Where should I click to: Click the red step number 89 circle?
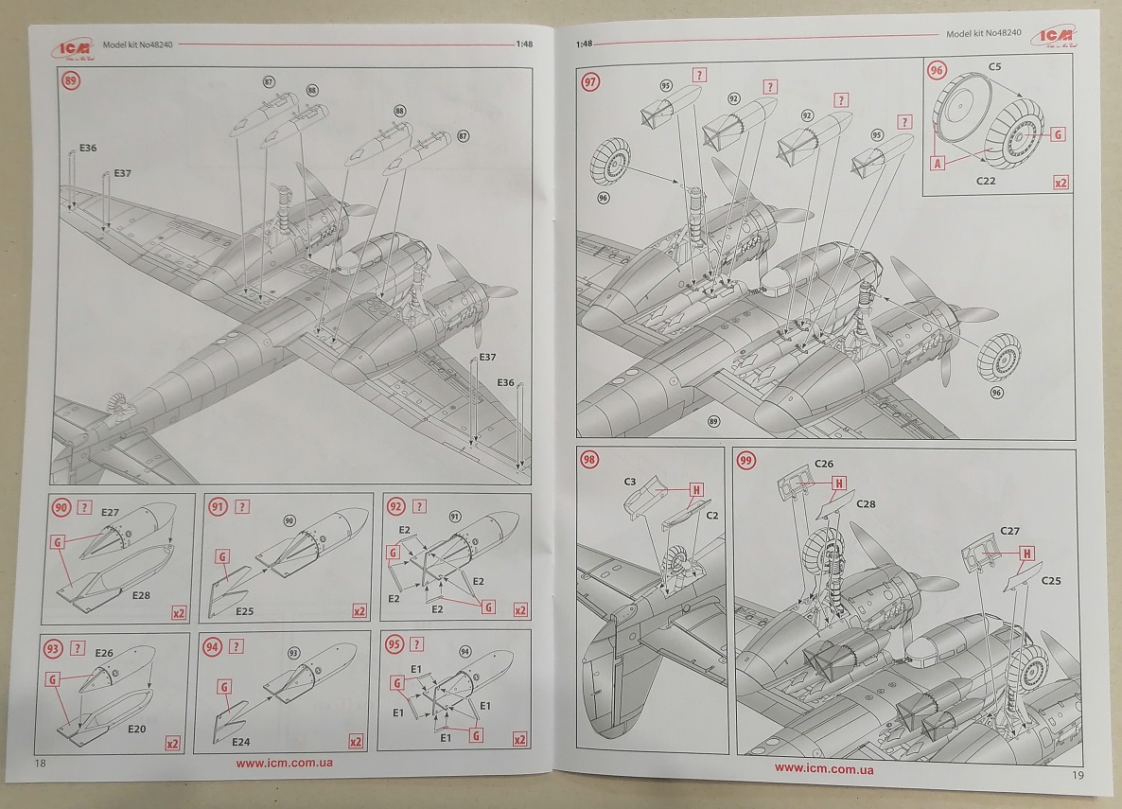71,81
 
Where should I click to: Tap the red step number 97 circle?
590,82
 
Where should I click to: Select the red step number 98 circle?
590,461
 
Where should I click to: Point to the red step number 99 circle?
747,461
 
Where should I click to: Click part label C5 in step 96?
996,67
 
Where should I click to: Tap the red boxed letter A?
938,163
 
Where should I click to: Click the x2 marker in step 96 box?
1061,182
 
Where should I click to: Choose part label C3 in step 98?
629,482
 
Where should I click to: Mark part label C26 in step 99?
824,464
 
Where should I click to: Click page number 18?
40,763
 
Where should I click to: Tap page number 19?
1078,775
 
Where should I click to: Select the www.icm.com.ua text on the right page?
824,768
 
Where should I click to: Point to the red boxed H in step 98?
696,489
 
